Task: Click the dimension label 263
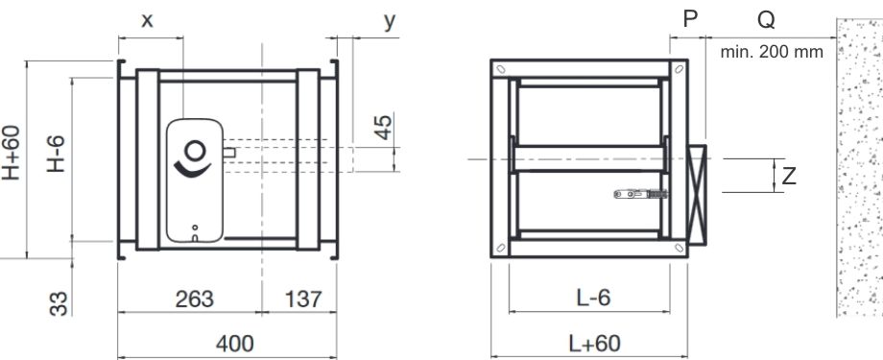194,299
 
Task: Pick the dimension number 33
60,303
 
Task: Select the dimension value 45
383,128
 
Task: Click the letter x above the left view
147,20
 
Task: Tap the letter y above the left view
390,20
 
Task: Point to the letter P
689,20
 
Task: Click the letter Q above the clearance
766,20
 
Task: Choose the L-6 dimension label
593,299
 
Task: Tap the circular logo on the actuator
195,151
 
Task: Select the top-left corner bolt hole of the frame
500,69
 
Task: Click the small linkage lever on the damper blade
639,194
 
